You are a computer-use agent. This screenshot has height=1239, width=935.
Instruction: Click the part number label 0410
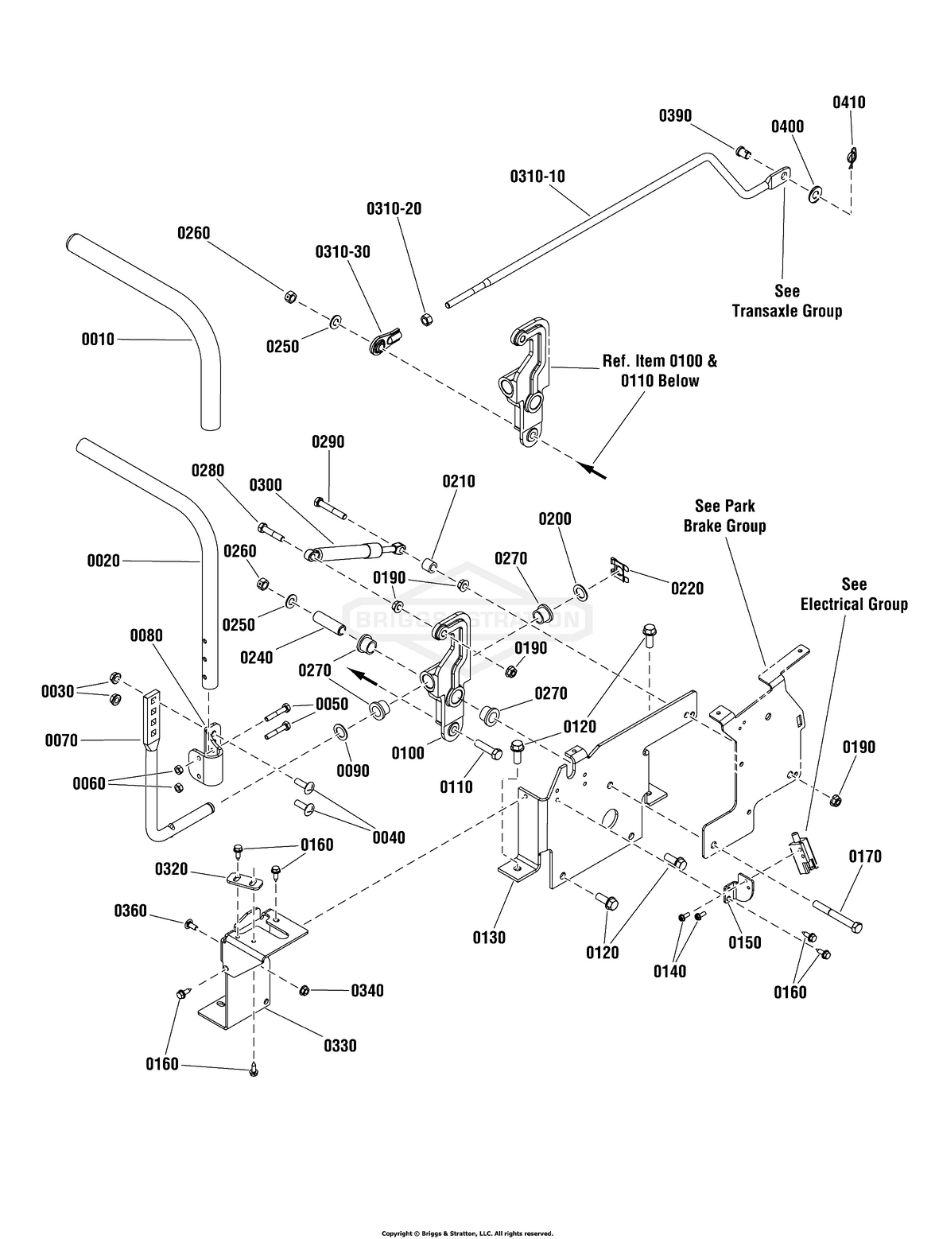pyautogui.click(x=849, y=103)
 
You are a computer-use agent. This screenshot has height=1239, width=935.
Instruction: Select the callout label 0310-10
pyautogui.click(x=537, y=176)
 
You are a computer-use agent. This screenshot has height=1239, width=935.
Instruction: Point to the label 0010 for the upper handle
pyautogui.click(x=98, y=340)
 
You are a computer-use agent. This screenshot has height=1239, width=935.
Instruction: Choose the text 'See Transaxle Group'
pyautogui.click(x=786, y=301)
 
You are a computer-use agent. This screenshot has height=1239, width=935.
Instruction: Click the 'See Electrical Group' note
pyautogui.click(x=853, y=594)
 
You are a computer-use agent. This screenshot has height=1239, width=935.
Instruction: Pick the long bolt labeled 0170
pyautogui.click(x=837, y=915)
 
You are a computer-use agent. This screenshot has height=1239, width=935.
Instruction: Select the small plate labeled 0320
pyautogui.click(x=244, y=880)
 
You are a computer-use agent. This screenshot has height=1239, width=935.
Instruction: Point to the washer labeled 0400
pyautogui.click(x=817, y=193)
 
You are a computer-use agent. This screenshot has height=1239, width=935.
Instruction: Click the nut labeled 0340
pyautogui.click(x=304, y=989)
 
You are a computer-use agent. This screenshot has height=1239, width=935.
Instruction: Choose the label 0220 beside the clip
pyautogui.click(x=687, y=588)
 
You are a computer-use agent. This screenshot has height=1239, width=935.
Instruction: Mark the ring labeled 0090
pyautogui.click(x=339, y=729)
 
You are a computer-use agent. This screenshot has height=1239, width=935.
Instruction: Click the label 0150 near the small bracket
pyautogui.click(x=744, y=942)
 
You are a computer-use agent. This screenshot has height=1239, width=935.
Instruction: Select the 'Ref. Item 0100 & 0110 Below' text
pyautogui.click(x=659, y=371)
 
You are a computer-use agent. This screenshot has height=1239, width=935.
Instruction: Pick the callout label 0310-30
pyautogui.click(x=343, y=251)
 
